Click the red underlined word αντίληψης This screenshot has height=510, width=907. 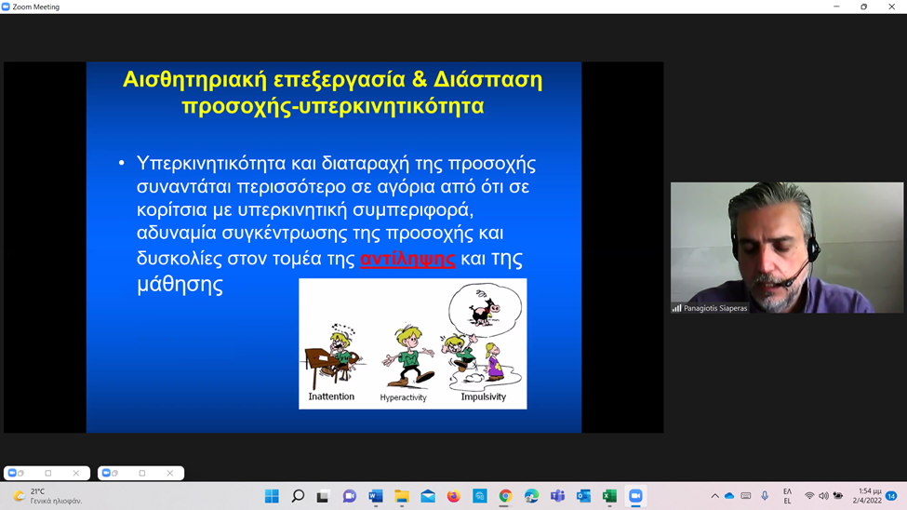pyautogui.click(x=407, y=259)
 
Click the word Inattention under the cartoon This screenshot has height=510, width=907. pyautogui.click(x=331, y=396)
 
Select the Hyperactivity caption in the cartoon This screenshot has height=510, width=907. pyautogui.click(x=403, y=397)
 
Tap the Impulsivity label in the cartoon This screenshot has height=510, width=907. pyautogui.click(x=484, y=396)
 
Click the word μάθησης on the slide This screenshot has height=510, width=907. pyautogui.click(x=180, y=284)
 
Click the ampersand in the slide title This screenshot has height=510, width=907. pyautogui.click(x=420, y=79)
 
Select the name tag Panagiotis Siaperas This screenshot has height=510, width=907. pyautogui.click(x=715, y=308)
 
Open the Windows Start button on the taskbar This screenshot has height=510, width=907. pyautogui.click(x=272, y=496)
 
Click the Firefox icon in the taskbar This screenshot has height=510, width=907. pyautogui.click(x=454, y=496)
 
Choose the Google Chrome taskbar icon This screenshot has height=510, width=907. pyautogui.click(x=505, y=496)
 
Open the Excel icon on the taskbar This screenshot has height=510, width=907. pyautogui.click(x=609, y=496)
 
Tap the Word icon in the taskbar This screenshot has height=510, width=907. pyautogui.click(x=376, y=496)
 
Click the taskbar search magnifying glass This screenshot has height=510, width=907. pyautogui.click(x=298, y=496)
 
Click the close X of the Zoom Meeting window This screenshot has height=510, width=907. pyautogui.click(x=891, y=7)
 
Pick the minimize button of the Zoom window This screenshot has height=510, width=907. pyautogui.click(x=836, y=7)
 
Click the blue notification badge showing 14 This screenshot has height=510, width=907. pyautogui.click(x=891, y=496)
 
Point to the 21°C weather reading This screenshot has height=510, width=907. pyautogui.click(x=37, y=491)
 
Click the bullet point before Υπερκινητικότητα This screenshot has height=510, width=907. pyautogui.click(x=121, y=163)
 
